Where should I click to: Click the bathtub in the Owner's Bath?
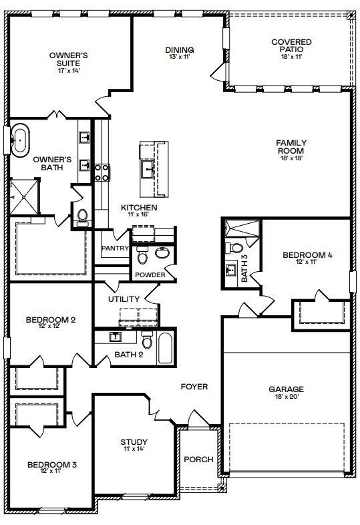[20, 140]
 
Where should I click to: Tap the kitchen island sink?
[148, 170]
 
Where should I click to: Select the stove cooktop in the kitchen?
[102, 172]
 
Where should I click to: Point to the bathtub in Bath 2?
[166, 348]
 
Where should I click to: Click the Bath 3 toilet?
[234, 248]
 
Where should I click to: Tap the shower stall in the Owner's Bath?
[23, 197]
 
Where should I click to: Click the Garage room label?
[287, 389]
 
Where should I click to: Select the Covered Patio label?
[291, 45]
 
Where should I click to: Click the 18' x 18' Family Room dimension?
[291, 158]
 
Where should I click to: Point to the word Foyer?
[194, 387]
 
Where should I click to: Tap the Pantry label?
[115, 248]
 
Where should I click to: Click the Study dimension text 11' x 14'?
[134, 449]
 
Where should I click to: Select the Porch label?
[198, 460]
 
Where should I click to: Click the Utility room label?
[124, 299]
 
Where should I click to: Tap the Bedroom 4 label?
[307, 254]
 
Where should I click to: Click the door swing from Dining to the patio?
[218, 72]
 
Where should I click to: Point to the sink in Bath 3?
[230, 269]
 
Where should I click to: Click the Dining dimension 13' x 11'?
[180, 57]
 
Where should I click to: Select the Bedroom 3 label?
[52, 465]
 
